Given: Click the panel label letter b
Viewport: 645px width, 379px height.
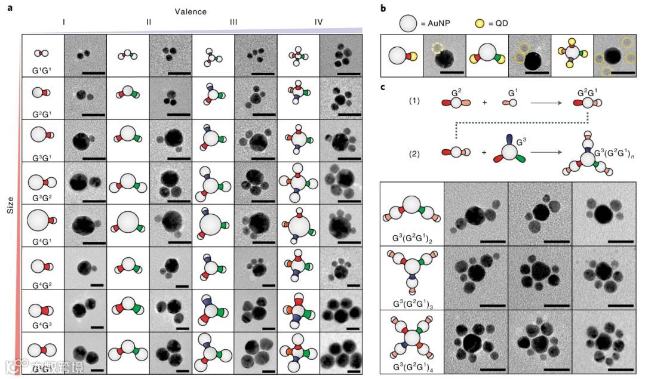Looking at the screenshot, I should tap(383, 8).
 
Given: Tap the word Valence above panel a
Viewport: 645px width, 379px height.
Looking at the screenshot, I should tap(191, 11).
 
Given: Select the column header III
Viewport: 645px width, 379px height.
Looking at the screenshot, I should tap(234, 22).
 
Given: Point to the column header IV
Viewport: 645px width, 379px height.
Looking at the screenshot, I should tap(319, 22).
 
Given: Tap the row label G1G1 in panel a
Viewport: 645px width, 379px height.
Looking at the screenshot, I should tap(43, 69).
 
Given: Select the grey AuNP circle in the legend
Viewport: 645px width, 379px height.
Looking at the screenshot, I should tap(408, 24).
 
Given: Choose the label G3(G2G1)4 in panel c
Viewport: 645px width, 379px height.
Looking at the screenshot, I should tap(412, 366).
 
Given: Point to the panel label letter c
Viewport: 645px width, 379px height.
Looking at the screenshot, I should tap(383, 88).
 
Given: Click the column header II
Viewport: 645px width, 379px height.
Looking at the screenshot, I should tap(149, 22).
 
